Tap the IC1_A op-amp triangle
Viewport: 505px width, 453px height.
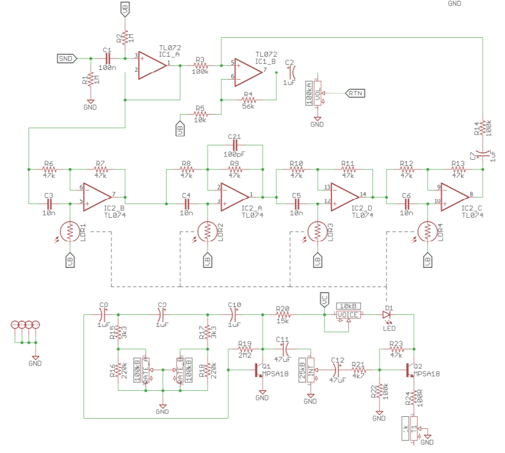point(151,64)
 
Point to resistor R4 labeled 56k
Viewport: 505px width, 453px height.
point(247,99)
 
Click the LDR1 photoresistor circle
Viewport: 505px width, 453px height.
point(71,230)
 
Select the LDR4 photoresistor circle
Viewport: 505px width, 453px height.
point(428,230)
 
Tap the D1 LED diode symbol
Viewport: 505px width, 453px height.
point(387,315)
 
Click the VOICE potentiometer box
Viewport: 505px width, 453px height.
point(348,315)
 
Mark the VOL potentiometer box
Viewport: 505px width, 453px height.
point(317,93)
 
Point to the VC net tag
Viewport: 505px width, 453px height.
point(324,299)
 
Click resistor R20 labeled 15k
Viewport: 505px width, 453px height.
point(283,315)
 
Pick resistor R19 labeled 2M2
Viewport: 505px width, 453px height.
point(245,349)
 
